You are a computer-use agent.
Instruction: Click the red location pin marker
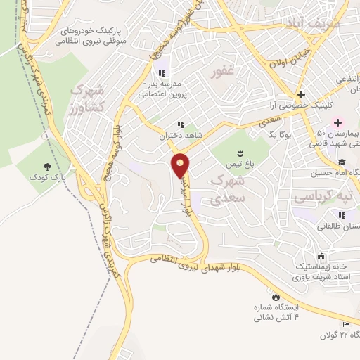[x=181, y=166]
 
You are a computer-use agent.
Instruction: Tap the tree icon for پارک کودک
[x=47, y=167]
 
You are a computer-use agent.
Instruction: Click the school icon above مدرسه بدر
[x=162, y=73]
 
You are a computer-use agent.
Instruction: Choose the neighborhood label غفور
[x=223, y=72]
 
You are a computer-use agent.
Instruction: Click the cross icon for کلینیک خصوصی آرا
[x=301, y=94]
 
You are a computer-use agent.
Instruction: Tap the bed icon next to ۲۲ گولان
[x=345, y=323]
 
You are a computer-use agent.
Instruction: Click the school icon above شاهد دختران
[x=180, y=125]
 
